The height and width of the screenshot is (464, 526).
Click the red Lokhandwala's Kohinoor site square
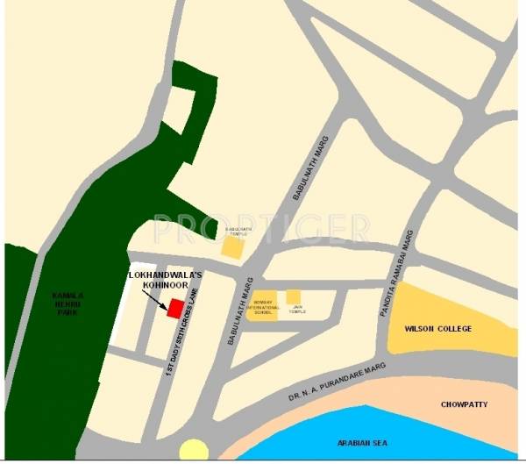[174, 309]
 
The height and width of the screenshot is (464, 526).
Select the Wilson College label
[437, 329]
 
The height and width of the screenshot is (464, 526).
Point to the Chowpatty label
[465, 404]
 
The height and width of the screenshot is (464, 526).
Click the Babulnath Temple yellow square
[232, 247]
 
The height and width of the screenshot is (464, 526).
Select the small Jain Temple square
[294, 296]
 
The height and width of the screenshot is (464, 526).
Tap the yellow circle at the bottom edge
[194, 452]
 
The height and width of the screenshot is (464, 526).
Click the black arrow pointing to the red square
[154, 299]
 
